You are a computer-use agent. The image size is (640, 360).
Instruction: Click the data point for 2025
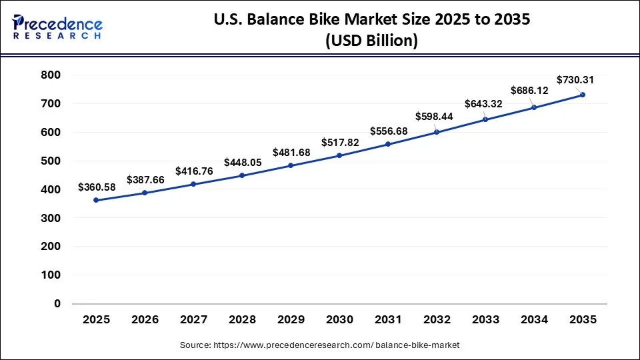click(x=97, y=200)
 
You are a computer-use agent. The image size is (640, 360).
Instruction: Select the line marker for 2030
click(x=339, y=155)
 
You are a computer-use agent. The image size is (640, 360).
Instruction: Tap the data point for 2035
click(x=583, y=95)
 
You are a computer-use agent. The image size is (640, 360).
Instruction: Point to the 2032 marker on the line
click(x=437, y=132)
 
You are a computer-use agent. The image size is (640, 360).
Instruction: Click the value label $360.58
click(x=97, y=187)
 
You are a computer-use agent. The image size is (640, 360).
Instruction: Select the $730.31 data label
click(x=575, y=80)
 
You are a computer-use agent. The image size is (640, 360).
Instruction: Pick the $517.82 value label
click(x=340, y=142)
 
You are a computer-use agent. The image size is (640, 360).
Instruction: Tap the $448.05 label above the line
click(x=243, y=162)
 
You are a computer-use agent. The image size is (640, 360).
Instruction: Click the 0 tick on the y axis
click(x=57, y=303)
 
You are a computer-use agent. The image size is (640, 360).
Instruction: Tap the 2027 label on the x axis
click(x=194, y=320)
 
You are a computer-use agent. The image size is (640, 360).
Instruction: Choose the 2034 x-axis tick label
click(x=534, y=320)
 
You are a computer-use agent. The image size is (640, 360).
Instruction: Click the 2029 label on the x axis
click(x=291, y=320)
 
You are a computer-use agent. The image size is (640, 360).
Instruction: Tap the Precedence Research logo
click(x=57, y=27)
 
